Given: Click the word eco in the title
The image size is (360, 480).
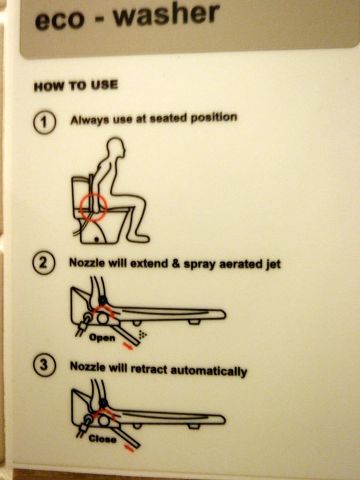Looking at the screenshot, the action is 59,20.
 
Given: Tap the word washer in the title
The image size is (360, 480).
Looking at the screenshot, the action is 166,14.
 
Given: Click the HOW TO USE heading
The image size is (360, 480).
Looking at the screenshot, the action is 76,86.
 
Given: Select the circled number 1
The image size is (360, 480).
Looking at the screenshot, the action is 44,123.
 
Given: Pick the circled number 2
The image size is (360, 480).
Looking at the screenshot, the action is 44,263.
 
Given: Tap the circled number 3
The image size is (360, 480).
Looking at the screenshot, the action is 44,365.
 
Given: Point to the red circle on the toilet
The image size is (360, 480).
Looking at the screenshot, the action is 93,206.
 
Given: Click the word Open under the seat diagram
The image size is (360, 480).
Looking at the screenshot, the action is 102,338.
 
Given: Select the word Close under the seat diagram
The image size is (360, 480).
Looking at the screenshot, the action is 102,439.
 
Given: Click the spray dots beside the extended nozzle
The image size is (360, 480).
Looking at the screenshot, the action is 143,335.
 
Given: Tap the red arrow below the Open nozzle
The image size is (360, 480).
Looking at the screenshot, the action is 128,347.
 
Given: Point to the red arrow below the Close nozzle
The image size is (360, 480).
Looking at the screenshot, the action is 129,448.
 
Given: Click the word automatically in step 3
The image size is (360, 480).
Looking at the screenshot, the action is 208,371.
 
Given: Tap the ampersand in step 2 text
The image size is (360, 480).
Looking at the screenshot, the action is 176,263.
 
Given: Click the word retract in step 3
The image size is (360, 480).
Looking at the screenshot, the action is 149,368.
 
